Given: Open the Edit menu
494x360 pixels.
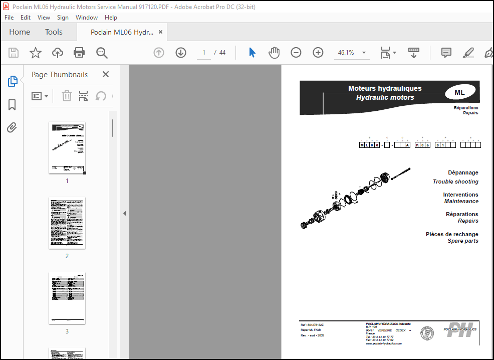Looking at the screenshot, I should pyautogui.click(x=26, y=17).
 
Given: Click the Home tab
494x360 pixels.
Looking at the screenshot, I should pyautogui.click(x=20, y=32).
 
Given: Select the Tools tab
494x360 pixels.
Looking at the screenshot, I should pyautogui.click(x=54, y=32).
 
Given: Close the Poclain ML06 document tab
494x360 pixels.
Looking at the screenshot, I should pyautogui.click(x=160, y=32).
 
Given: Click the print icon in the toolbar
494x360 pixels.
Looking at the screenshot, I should pyautogui.click(x=79, y=53).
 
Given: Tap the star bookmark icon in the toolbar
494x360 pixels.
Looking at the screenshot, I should pyautogui.click(x=36, y=53).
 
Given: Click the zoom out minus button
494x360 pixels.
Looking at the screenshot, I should pyautogui.click(x=296, y=53).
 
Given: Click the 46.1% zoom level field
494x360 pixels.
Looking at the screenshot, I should pyautogui.click(x=346, y=53).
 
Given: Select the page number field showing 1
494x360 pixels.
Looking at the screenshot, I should pyautogui.click(x=204, y=53).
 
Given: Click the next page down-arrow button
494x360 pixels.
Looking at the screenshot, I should pyautogui.click(x=181, y=53).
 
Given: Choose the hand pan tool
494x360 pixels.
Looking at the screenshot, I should pyautogui.click(x=274, y=53).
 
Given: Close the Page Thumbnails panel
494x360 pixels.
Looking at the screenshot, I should pyautogui.click(x=106, y=74).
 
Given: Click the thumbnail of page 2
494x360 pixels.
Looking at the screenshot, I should pyautogui.click(x=67, y=223).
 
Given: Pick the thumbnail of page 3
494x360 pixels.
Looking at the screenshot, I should pyautogui.click(x=67, y=298).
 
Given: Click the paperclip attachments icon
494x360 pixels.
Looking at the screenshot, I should pyautogui.click(x=12, y=128).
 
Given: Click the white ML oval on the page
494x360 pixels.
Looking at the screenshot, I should pyautogui.click(x=459, y=92).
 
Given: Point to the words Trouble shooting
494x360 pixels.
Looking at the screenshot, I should pyautogui.click(x=455, y=182).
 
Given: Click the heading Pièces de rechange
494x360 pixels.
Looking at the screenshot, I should pyautogui.click(x=452, y=234).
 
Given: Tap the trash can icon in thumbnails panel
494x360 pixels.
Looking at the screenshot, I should pyautogui.click(x=67, y=96).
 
